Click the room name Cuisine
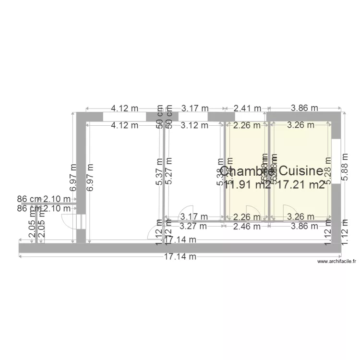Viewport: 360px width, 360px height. (x=300, y=171)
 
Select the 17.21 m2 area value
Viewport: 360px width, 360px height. (x=301, y=185)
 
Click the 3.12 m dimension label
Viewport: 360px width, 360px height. (x=194, y=126)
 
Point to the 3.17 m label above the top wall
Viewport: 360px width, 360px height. (x=194, y=108)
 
